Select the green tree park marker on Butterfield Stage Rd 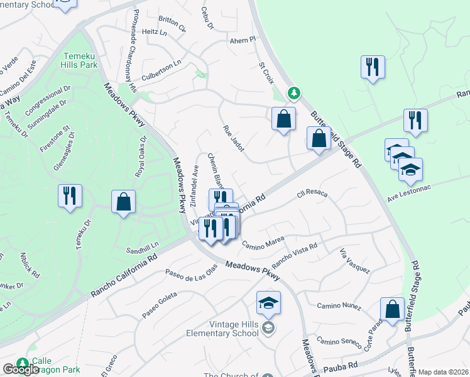pos(293,94)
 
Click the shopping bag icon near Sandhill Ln pos(124,203)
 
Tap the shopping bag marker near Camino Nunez pos(392,310)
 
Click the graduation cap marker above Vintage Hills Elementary pos(268,303)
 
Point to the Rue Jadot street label pos(234,138)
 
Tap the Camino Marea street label pos(263,242)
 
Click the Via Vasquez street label pos(354,261)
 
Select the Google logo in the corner pos(21,369)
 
